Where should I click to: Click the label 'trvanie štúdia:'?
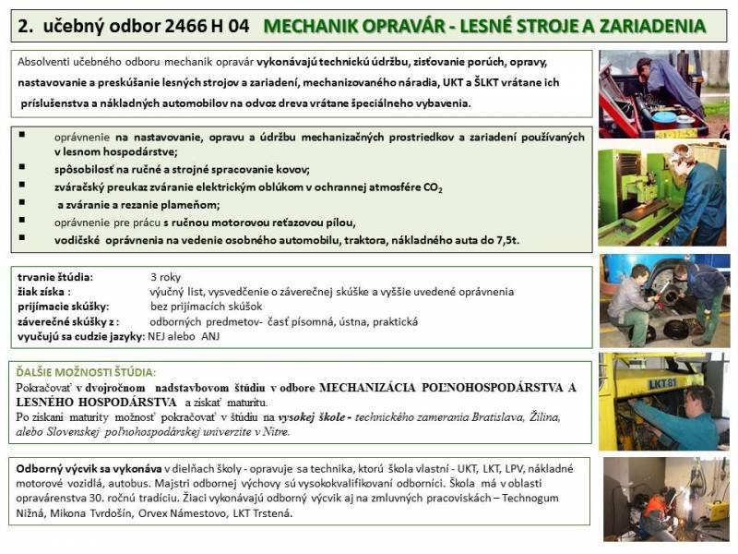56,276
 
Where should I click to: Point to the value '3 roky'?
166,276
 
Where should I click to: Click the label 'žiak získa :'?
45,291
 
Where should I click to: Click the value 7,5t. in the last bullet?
504,240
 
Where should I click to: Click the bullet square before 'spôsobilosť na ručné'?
22,169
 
